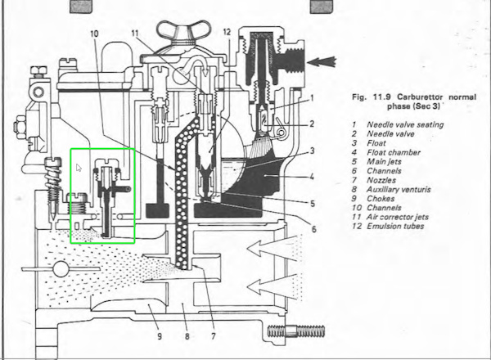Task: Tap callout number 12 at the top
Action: click(227, 33)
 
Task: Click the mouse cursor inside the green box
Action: click(79, 168)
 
